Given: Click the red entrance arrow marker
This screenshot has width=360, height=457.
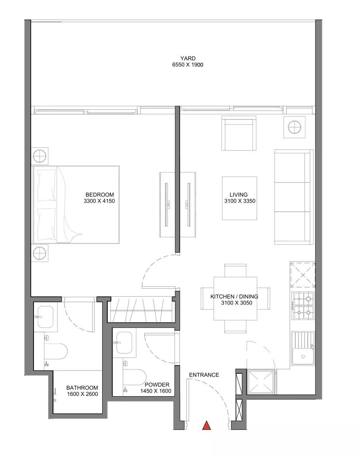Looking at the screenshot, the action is tap(206, 425).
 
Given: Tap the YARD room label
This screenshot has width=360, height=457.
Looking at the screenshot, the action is tap(188, 58).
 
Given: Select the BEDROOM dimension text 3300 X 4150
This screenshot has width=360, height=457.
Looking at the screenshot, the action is tap(99, 201).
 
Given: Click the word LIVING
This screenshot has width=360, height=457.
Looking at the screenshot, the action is tap(239, 195).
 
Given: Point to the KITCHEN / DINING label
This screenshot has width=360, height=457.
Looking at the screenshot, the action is tap(234, 296).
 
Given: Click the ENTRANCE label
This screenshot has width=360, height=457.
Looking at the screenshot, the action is tap(204, 375).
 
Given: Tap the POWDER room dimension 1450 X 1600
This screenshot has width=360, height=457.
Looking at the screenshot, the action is tap(156, 391).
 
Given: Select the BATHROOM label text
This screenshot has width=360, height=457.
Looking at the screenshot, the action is tap(82, 387).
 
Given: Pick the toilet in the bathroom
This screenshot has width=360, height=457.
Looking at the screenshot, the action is tap(55, 351).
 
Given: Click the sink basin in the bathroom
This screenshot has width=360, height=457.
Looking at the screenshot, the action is tap(46, 317).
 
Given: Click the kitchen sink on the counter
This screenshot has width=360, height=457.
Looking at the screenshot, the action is tap(303, 356).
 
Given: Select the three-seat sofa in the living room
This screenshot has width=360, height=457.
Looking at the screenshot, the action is tap(294, 197).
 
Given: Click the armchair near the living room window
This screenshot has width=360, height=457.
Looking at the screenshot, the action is tap(239, 133).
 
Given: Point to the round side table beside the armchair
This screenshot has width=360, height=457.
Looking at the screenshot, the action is tap(295, 127).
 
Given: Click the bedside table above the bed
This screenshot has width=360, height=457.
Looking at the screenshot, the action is tap(40, 156).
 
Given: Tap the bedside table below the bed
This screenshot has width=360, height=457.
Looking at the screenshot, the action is tap(40, 253).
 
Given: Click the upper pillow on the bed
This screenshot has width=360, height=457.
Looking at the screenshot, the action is tap(46, 186).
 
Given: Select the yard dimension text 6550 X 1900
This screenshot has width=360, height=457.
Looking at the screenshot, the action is tap(188, 65).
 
